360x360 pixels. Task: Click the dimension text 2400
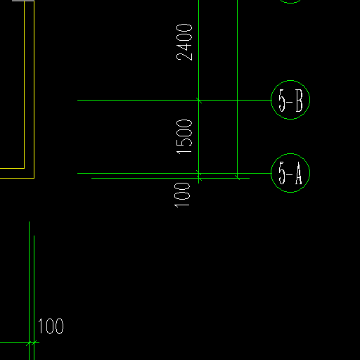coord(184,42)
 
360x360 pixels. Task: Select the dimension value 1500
coord(184,137)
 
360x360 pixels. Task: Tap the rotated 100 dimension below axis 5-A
coord(182,195)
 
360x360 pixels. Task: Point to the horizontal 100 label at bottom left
coord(51,326)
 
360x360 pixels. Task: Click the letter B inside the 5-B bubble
coord(299,101)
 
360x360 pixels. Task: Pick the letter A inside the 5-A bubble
coord(298,173)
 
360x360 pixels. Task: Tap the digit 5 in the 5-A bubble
coord(282,173)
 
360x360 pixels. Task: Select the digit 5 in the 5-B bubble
coord(282,101)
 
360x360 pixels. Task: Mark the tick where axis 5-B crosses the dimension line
coord(199,101)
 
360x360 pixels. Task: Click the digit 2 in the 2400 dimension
coord(184,57)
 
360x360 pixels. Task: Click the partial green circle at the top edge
coord(290,3)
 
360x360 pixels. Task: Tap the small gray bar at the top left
coord(23,1)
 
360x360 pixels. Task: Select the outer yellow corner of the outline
coord(34,178)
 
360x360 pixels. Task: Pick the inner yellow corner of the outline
coord(25,168)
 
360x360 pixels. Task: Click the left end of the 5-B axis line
coord(77,101)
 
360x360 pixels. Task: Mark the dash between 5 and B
coord(290,102)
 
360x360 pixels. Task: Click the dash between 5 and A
coord(290,174)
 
